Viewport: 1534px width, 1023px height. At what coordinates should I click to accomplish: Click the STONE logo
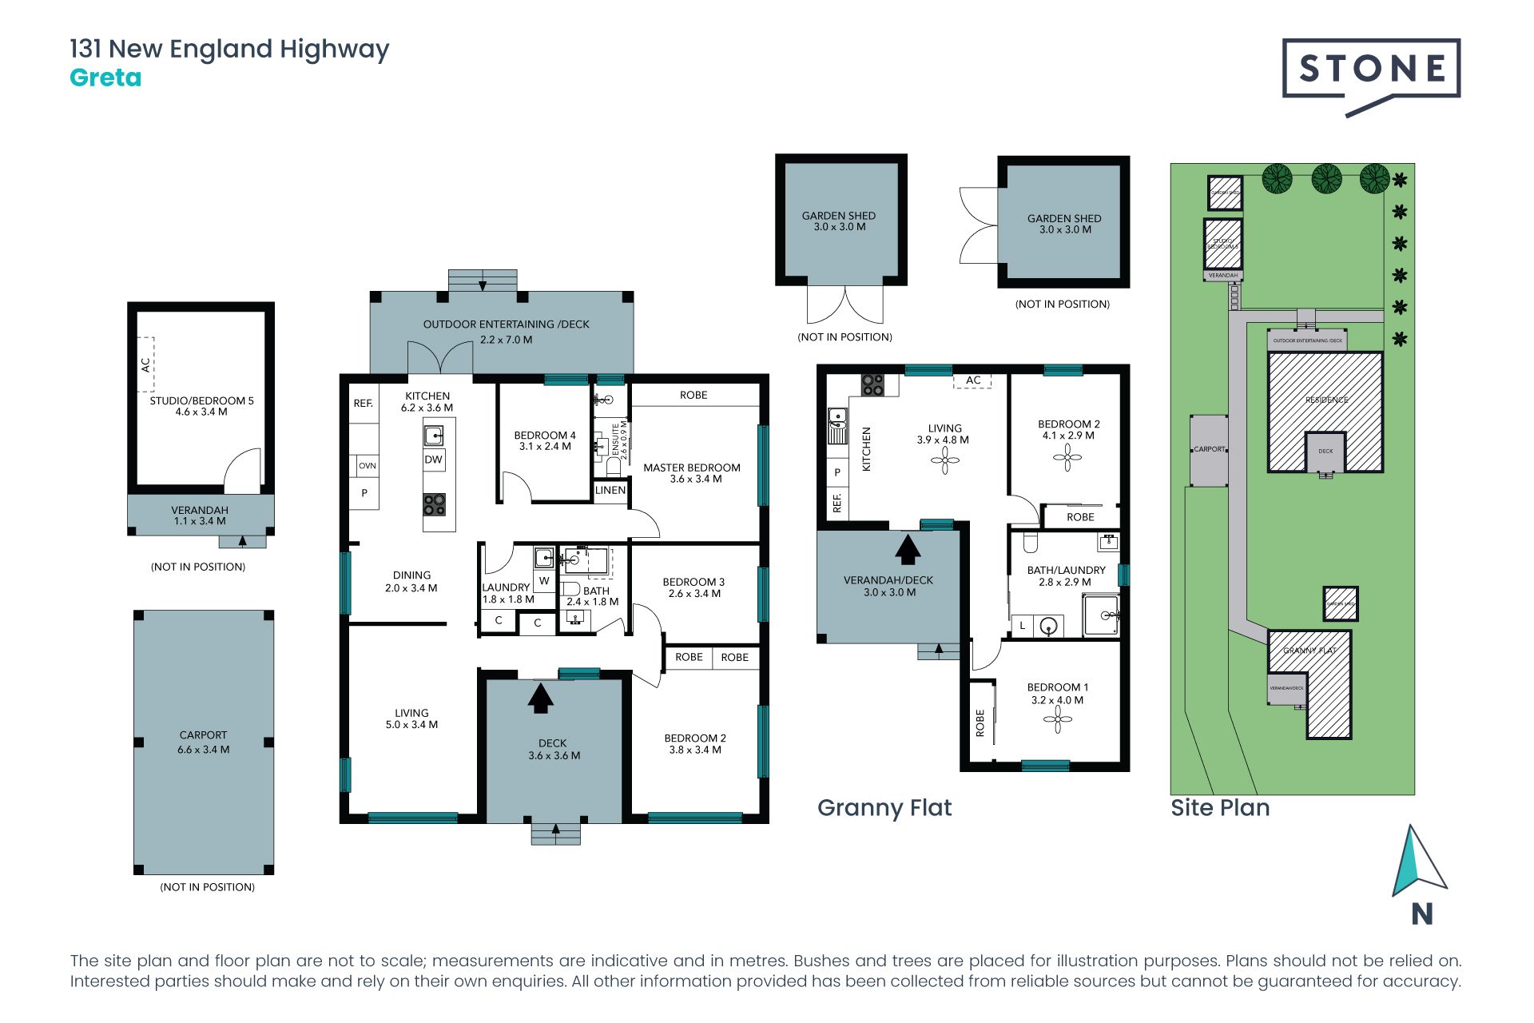(1371, 70)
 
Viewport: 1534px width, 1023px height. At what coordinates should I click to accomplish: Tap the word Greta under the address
(105, 78)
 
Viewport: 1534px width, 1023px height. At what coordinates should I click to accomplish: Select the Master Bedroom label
(692, 468)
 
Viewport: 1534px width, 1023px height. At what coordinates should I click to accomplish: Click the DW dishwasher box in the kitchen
(433, 460)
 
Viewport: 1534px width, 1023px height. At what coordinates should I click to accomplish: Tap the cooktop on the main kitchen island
(435, 504)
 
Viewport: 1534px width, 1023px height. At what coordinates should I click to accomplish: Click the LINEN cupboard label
(610, 490)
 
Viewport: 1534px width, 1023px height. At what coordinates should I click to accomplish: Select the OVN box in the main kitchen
(367, 465)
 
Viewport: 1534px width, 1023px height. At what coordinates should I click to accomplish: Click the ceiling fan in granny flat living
(945, 460)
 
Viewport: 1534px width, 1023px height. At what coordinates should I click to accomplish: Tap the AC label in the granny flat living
(973, 380)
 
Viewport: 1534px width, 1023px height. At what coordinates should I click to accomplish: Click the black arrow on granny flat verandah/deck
(908, 549)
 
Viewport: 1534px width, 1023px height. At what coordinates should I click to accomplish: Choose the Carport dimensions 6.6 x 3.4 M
(204, 750)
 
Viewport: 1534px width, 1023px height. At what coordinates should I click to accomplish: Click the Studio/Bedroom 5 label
(201, 400)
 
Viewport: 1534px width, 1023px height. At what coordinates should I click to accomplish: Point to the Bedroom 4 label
(545, 436)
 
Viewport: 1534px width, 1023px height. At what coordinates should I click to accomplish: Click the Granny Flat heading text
(884, 807)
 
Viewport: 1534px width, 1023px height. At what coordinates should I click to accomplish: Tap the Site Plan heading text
(1220, 807)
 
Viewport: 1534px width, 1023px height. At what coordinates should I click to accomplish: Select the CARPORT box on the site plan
(1209, 450)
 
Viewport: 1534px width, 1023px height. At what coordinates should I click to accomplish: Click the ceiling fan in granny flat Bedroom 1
(1057, 719)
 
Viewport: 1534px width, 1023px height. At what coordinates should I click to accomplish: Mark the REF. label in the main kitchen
(364, 404)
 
